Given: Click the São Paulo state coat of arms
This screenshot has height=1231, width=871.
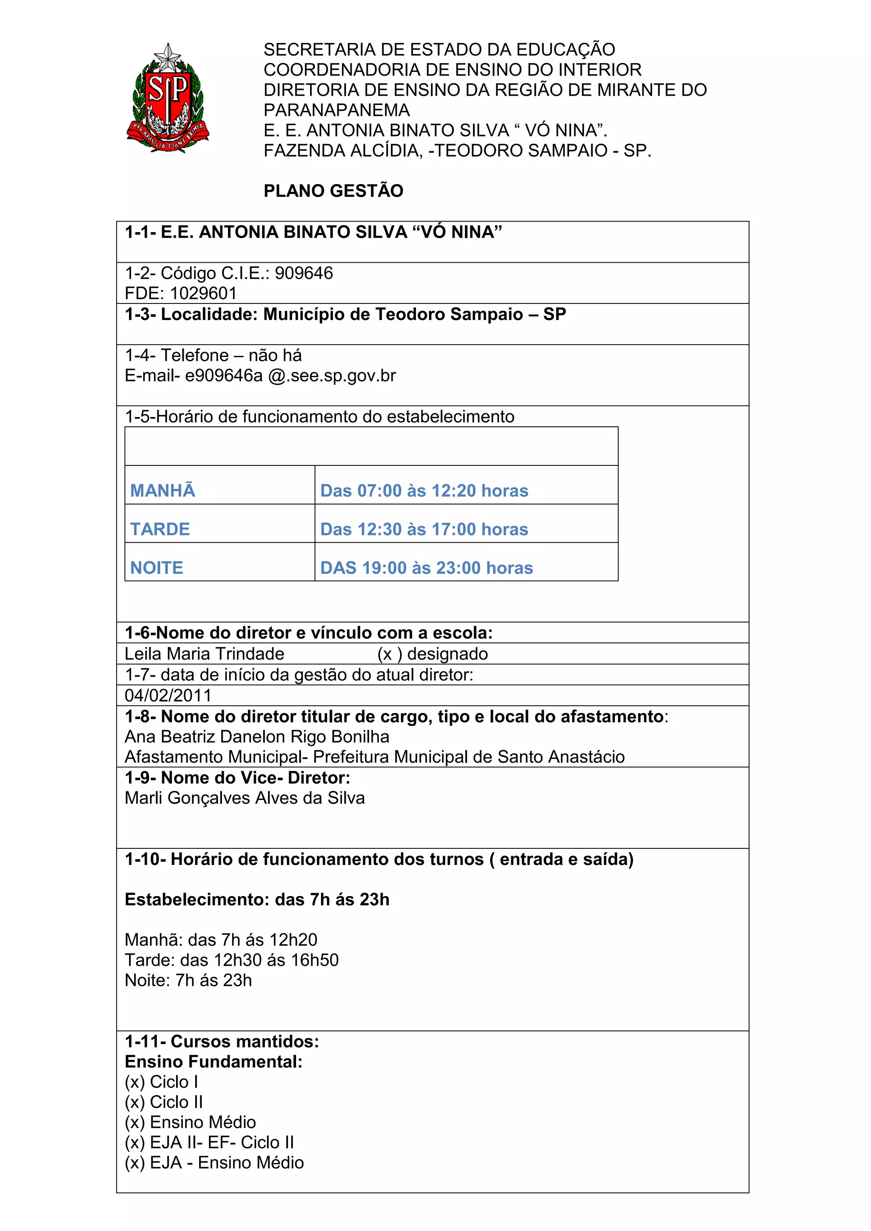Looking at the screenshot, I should click(168, 98).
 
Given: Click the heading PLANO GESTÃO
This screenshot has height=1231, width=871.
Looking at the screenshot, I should click(333, 191).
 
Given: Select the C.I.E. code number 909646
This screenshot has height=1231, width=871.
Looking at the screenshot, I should click(304, 273).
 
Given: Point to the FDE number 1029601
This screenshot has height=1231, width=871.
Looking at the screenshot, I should click(203, 293).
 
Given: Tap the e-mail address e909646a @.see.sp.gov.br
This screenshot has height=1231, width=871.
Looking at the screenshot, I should click(290, 376).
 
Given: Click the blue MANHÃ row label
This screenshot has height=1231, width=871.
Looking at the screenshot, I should click(162, 491).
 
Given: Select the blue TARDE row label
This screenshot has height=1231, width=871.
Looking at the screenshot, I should click(160, 529).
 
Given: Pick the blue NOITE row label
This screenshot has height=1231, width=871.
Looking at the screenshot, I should click(157, 568).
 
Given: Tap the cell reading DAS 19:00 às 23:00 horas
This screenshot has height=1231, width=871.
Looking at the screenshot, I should click(427, 568).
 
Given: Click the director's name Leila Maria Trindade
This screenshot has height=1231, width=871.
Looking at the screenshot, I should click(204, 654).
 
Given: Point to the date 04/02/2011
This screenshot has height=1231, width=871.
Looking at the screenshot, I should click(168, 696).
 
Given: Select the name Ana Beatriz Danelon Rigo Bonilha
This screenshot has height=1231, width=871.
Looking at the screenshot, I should click(257, 737).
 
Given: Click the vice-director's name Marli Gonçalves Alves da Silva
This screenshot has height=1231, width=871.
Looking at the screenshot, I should click(245, 798).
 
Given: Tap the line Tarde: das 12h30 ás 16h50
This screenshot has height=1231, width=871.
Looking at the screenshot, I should click(232, 960).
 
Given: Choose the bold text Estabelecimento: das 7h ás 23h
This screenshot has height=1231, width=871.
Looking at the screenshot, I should click(257, 899).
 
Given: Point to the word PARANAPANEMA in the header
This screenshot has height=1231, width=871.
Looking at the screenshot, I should click(336, 111).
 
